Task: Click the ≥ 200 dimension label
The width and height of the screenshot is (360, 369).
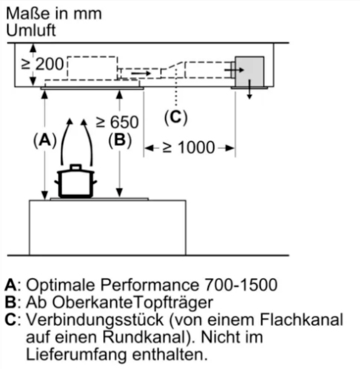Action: click(x=42, y=64)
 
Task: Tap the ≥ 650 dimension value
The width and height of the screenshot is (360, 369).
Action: click(x=117, y=122)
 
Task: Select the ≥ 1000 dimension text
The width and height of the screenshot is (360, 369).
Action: click(x=189, y=147)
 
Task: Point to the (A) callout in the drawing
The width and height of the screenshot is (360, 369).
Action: click(x=45, y=140)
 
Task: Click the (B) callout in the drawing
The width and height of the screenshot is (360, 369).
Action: click(x=120, y=140)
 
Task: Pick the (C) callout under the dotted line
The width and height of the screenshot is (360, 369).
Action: click(x=176, y=117)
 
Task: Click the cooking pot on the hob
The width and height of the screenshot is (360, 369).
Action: click(x=76, y=181)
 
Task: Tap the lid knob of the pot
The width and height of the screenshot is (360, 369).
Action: click(x=76, y=167)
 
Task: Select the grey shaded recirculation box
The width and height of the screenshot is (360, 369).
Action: click(x=250, y=72)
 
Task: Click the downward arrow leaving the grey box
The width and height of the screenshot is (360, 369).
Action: click(x=250, y=90)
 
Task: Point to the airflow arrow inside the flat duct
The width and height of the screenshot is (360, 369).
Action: click(x=141, y=73)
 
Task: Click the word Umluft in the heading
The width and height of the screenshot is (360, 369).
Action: click(x=31, y=30)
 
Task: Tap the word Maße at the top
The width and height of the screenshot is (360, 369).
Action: click(x=27, y=13)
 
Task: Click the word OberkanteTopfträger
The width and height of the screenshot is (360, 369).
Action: click(x=133, y=302)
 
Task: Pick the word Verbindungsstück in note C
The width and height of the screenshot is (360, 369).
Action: click(x=95, y=319)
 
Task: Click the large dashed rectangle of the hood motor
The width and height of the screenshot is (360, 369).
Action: click(x=93, y=68)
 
